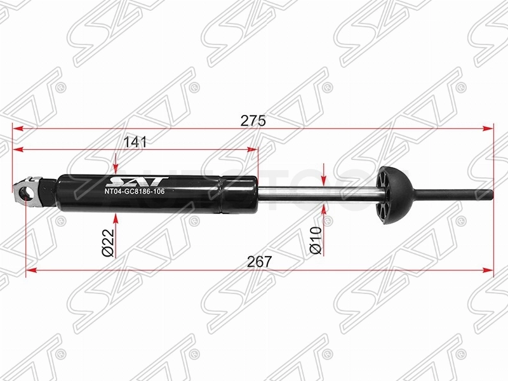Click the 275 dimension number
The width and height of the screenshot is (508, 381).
point(253,121)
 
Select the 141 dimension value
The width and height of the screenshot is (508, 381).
point(135,142)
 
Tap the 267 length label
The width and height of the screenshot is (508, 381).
point(259,261)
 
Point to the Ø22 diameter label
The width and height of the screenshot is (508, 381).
point(108,243)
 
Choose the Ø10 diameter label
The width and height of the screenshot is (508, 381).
point(316,241)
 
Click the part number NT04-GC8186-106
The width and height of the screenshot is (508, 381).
point(134,192)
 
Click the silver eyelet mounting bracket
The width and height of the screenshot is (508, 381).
point(27,192)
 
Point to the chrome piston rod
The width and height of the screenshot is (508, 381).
point(317,196)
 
